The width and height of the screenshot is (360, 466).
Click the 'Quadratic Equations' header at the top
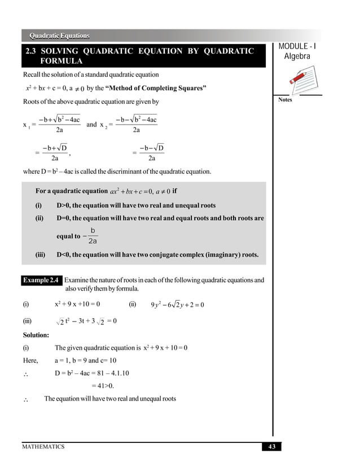59,36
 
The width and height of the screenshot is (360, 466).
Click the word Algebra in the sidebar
297,56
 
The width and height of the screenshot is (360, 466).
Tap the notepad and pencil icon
297,79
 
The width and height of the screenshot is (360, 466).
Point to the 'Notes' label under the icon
285,100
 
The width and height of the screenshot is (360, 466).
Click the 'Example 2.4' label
41,280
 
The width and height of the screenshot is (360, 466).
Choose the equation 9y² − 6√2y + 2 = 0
177,305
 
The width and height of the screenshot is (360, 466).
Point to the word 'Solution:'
36,335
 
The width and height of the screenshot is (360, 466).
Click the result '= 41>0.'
102,386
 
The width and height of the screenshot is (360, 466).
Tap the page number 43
271,447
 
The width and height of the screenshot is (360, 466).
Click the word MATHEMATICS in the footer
43,447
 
